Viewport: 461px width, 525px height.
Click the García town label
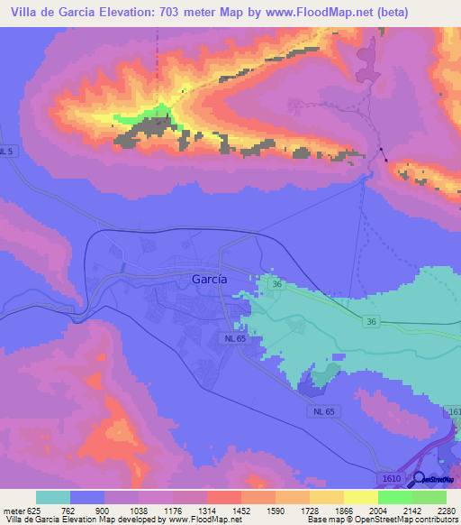[x=210, y=280]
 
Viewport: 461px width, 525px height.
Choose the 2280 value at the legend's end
[x=445, y=511]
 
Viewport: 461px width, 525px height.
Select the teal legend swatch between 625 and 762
[x=53, y=497]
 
